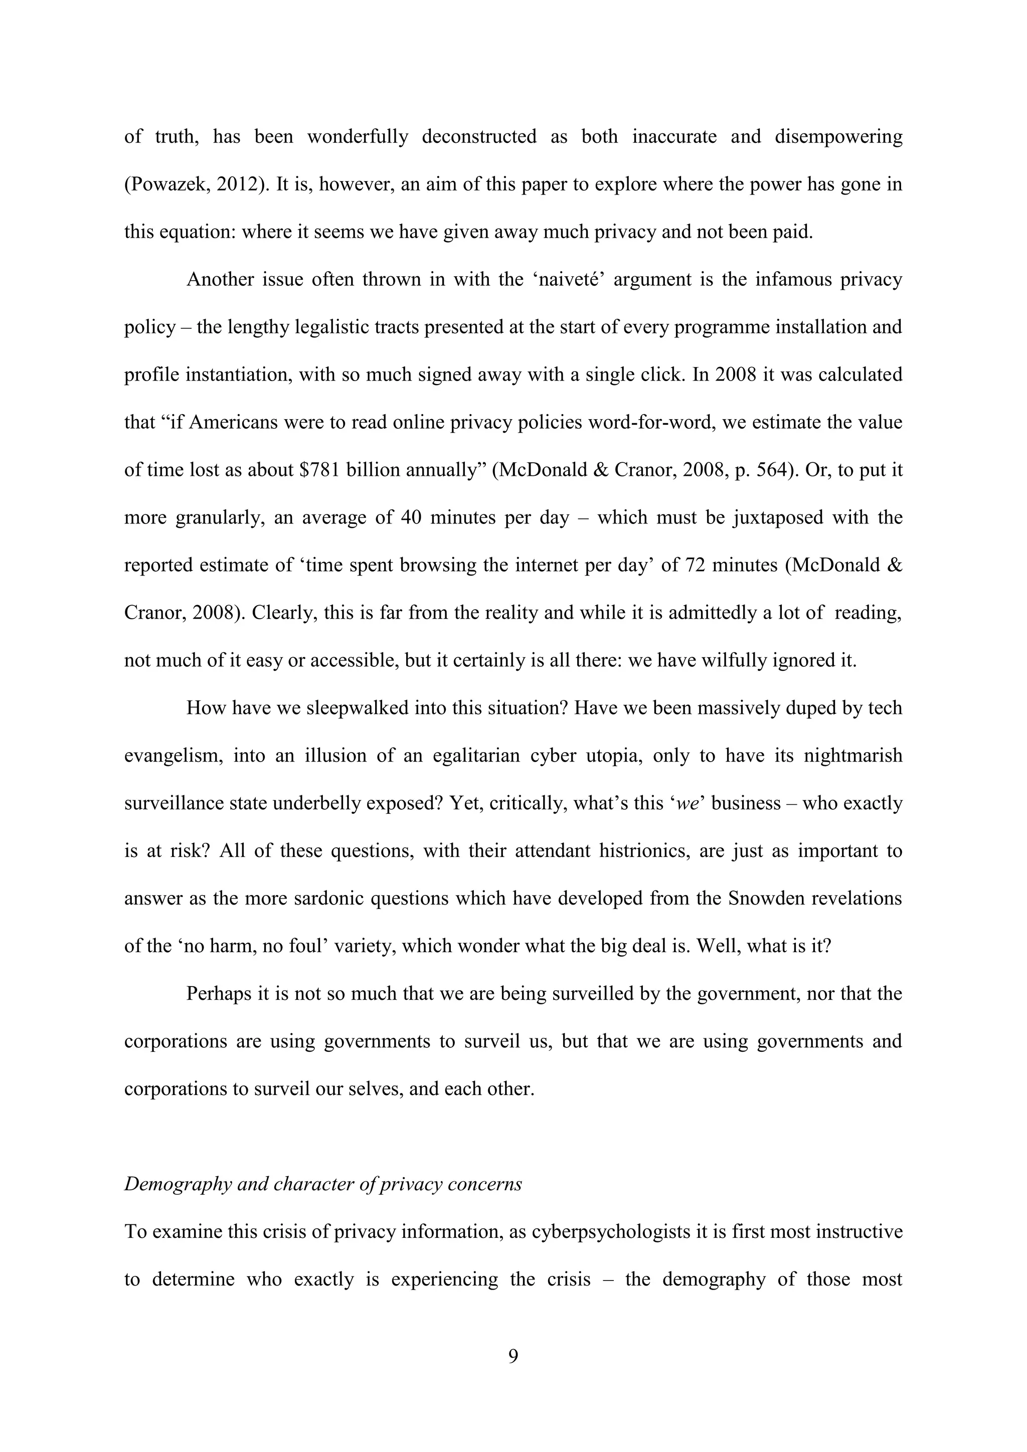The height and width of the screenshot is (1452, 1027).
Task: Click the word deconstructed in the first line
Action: coord(479,136)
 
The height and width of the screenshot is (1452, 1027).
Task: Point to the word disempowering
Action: coord(838,136)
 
